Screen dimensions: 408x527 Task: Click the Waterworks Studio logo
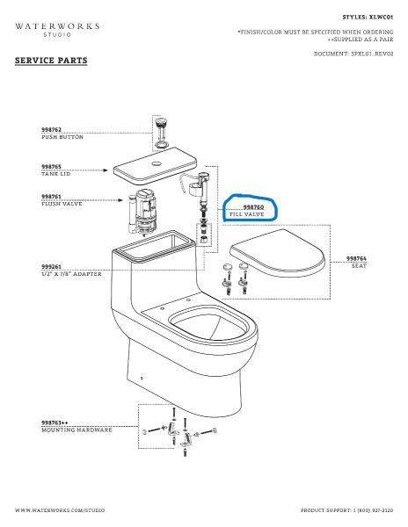57,30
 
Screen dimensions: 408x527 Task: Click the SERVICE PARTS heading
51,61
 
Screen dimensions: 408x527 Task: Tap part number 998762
52,130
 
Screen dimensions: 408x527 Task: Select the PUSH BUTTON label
62,137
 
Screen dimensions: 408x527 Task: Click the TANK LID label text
55,174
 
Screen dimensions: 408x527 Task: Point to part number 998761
52,197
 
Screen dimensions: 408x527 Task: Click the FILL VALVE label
247,214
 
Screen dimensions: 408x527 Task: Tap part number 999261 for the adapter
52,266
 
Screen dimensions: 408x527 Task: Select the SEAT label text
359,265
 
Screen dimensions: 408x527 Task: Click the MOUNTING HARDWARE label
76,430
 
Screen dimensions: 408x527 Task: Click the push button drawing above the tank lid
162,133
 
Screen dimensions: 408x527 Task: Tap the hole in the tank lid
157,164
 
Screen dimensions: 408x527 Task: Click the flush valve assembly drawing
142,213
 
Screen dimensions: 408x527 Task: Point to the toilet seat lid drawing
278,253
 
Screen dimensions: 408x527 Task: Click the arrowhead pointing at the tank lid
106,170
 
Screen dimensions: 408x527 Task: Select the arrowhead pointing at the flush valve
120,200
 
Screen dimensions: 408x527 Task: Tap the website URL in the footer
60,510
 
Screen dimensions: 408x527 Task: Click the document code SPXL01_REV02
372,54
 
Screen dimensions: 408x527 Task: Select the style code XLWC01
381,18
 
